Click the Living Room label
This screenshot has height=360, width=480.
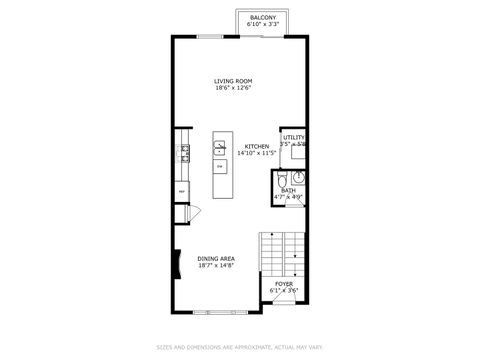(233, 81)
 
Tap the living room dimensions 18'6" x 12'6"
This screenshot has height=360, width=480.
(233, 88)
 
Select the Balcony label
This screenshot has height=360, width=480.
(264, 17)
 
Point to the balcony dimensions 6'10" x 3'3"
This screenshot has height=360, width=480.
(264, 24)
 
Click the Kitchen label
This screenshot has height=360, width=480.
(256, 146)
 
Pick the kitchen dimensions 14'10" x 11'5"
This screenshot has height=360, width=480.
(256, 153)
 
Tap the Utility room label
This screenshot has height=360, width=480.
(293, 138)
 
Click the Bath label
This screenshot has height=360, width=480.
(288, 190)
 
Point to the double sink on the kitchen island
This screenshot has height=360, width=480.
(219, 150)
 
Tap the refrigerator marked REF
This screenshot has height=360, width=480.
(182, 190)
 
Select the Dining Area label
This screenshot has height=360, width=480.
(215, 258)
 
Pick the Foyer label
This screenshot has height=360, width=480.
(285, 283)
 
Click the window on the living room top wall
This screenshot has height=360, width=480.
(210, 37)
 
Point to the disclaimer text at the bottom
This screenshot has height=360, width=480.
(240, 348)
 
